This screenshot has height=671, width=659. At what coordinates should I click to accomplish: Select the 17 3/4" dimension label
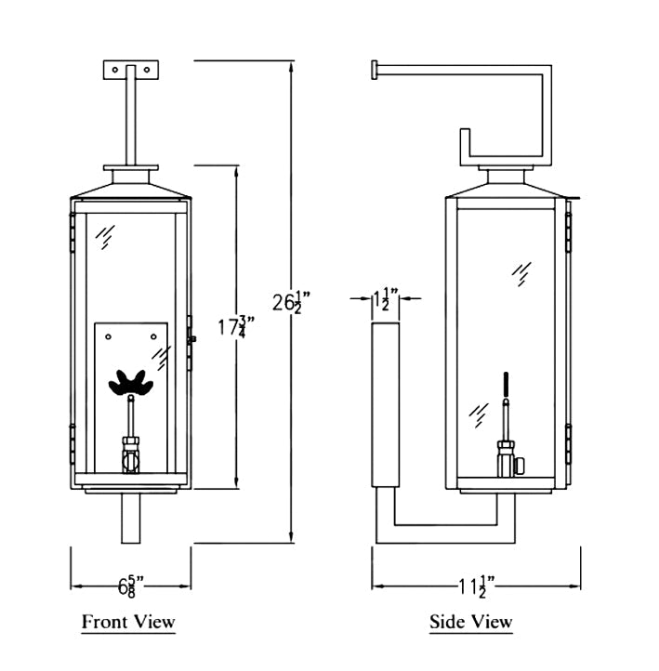pos(236,326)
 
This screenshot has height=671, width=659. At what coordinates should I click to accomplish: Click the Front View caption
pos(128,621)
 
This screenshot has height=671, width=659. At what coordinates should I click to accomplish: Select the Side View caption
pos(470,622)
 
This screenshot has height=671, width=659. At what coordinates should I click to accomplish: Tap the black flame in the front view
pos(131,381)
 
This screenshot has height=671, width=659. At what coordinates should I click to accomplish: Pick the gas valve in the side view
pos(508,456)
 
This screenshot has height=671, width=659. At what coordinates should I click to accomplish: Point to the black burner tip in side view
pos(506,384)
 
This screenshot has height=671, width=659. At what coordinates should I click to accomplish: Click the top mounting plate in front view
pos(131,70)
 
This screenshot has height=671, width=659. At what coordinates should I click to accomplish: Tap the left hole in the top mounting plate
pos(115,69)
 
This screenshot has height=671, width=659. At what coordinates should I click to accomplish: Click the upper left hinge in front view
pos(72,230)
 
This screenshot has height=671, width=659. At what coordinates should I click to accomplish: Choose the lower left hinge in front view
pos(72,441)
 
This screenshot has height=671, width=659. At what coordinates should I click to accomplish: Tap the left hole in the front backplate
pos(109,335)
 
